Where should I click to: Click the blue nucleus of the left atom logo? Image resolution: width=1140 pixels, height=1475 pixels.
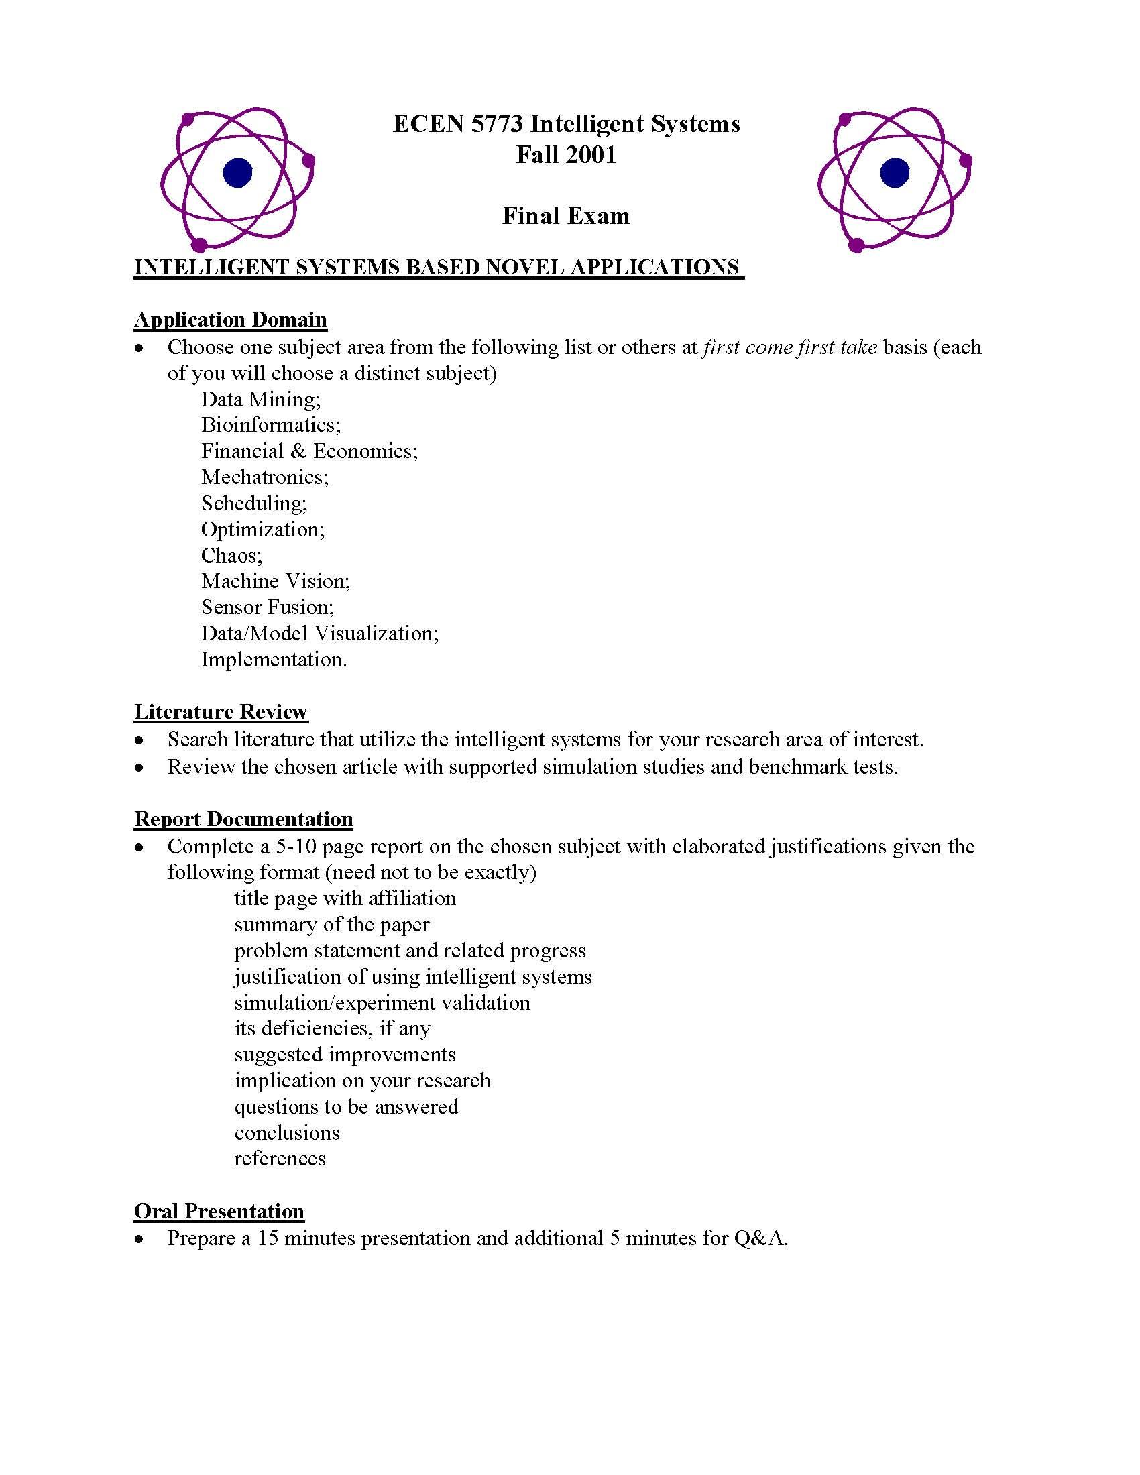pyautogui.click(x=237, y=173)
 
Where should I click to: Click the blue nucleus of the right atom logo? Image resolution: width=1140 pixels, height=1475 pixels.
pyautogui.click(x=894, y=173)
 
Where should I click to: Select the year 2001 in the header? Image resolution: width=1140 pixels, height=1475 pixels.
pyautogui.click(x=591, y=155)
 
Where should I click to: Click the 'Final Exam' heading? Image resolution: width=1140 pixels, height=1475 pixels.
pyautogui.click(x=566, y=216)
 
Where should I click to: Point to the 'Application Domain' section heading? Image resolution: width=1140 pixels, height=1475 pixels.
pyautogui.click(x=230, y=319)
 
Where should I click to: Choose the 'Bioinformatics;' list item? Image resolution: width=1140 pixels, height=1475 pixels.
pyautogui.click(x=271, y=425)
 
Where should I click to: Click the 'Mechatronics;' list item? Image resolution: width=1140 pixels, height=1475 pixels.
pyautogui.click(x=265, y=477)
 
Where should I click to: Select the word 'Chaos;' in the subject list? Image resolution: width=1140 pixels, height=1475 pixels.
pyautogui.click(x=231, y=555)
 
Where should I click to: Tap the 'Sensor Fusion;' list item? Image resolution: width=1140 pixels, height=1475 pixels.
pyautogui.click(x=268, y=607)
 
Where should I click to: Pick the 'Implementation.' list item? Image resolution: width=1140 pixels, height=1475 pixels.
pyautogui.click(x=274, y=660)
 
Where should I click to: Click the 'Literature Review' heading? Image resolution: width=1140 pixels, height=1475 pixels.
pyautogui.click(x=221, y=712)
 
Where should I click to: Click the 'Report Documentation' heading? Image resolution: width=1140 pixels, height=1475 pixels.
pyautogui.click(x=243, y=819)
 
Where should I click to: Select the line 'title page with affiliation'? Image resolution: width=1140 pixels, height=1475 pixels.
pyautogui.click(x=345, y=898)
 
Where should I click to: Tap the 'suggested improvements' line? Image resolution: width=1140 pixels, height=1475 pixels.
pyautogui.click(x=345, y=1054)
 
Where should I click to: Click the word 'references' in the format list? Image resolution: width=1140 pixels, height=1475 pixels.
pyautogui.click(x=280, y=1159)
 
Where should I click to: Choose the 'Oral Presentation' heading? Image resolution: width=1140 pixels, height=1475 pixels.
pyautogui.click(x=219, y=1211)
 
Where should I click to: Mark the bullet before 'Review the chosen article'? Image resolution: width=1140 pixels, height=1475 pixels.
pyautogui.click(x=139, y=767)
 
